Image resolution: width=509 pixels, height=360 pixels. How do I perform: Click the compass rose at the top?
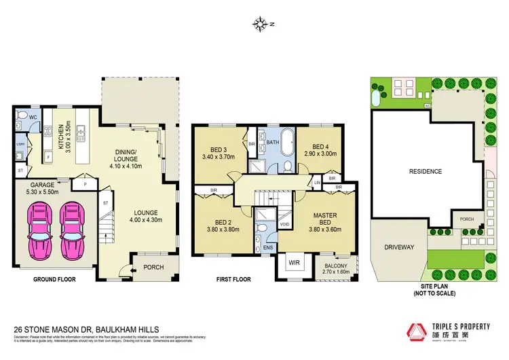[261, 24]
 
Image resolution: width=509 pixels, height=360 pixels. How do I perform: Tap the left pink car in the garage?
[37, 232]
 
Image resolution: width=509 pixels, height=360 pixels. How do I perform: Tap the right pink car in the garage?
[73, 232]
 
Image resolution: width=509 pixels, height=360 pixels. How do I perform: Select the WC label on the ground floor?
[32, 117]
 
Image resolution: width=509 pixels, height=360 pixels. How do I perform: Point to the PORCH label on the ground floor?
[154, 267]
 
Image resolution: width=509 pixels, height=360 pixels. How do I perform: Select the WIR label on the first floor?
[294, 261]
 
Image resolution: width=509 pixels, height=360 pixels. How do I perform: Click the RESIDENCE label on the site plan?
[426, 171]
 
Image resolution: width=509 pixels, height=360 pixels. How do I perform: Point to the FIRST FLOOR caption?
[233, 279]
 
